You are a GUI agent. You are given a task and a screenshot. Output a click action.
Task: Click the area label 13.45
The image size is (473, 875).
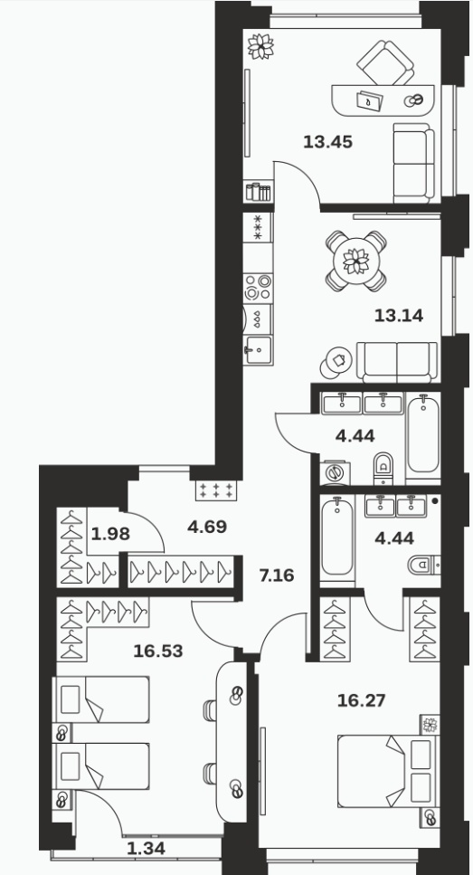tap(328, 142)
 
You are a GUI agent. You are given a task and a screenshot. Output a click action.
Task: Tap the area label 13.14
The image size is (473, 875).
tap(398, 317)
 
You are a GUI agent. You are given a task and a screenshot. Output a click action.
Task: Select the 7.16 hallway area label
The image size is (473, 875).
tap(277, 575)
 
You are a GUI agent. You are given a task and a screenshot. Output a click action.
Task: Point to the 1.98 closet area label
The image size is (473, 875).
tap(110, 534)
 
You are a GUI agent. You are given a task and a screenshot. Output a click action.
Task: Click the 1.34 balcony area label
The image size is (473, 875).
tap(147, 849)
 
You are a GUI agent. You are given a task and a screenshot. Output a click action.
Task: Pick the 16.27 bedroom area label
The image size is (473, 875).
tap(362, 700)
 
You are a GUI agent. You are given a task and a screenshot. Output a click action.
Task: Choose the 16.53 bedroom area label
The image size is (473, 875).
tap(158, 651)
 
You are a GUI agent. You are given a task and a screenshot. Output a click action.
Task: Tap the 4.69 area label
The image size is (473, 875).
tap(207, 527)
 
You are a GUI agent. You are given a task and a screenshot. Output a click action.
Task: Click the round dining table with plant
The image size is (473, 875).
tap(355, 262)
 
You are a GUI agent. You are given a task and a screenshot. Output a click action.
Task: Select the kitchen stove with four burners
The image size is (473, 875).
tap(258, 287)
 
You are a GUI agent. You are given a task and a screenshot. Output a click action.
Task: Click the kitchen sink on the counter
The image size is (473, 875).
tap(258, 350)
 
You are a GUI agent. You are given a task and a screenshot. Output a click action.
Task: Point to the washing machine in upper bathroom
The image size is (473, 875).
tap(336, 472)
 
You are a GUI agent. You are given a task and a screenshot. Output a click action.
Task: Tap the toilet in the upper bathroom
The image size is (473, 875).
tap(383, 469)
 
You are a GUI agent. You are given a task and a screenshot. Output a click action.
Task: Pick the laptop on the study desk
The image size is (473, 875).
tap(371, 100)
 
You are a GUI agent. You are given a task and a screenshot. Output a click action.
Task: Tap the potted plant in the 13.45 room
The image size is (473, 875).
tap(260, 46)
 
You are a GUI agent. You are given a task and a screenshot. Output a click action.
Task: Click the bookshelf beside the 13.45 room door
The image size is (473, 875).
tap(259, 192)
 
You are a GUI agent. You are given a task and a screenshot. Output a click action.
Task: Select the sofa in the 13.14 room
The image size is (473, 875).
tap(397, 362)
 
